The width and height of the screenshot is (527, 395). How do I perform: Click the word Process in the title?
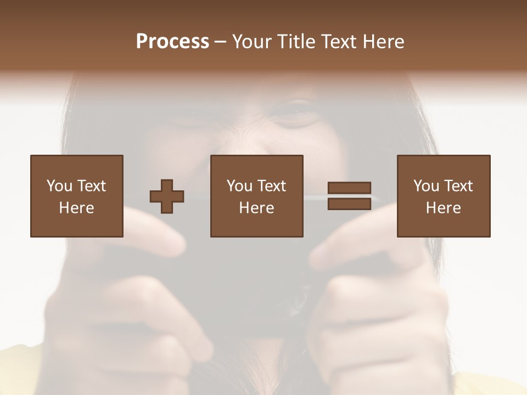tap(172, 42)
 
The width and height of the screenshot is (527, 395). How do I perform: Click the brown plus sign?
tap(167, 196)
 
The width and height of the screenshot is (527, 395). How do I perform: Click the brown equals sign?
tap(349, 196)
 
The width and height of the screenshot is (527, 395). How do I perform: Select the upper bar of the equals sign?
tap(349, 188)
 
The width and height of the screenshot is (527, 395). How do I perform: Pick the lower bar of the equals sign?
tap(349, 204)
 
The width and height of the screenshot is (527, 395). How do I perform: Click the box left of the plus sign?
tap(76, 196)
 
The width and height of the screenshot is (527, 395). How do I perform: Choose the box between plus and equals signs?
tap(256, 196)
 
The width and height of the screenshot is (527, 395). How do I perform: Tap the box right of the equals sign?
tap(443, 196)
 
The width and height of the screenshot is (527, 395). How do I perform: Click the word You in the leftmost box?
tap(59, 186)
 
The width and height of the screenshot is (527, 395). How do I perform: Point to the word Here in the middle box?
tap(256, 208)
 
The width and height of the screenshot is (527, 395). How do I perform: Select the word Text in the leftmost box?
tap(91, 186)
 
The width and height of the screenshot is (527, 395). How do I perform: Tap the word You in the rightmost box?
tap(426, 186)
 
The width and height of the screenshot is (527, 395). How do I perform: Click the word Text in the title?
tap(337, 42)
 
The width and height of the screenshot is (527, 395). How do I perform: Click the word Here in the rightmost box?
tap(443, 208)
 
